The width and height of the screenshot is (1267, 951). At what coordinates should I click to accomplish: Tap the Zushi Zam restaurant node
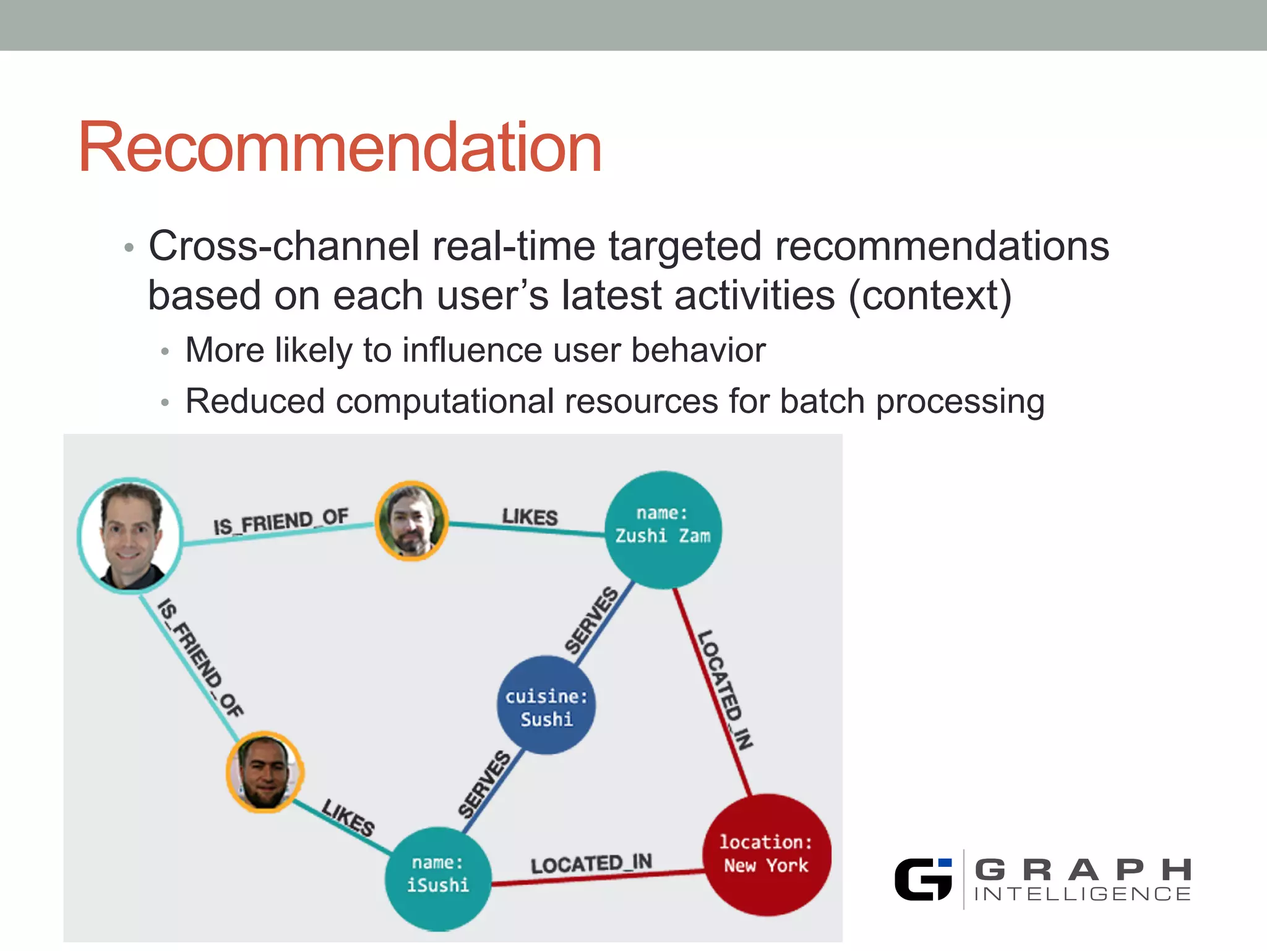(x=663, y=529)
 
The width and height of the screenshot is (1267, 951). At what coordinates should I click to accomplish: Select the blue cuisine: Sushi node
(x=546, y=705)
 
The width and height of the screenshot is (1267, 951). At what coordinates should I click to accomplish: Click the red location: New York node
(x=767, y=855)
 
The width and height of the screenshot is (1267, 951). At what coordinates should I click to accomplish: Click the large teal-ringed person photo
(x=130, y=536)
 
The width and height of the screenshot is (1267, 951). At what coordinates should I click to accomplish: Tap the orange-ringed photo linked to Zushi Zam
(x=411, y=521)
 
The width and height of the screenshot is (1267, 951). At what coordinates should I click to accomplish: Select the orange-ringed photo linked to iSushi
(x=265, y=771)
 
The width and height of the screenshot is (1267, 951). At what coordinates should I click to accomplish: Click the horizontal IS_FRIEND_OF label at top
(x=281, y=522)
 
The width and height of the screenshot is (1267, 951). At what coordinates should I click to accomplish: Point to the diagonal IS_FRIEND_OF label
(x=200, y=658)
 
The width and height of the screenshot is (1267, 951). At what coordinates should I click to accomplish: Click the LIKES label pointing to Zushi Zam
(x=530, y=516)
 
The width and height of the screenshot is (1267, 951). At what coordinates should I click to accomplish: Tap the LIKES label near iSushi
(x=348, y=817)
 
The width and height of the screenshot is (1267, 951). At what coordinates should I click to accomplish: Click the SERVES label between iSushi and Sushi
(x=484, y=784)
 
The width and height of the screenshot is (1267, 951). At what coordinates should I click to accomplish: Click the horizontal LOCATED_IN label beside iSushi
(x=591, y=863)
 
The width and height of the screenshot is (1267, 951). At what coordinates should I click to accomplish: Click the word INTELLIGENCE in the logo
(x=1082, y=894)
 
